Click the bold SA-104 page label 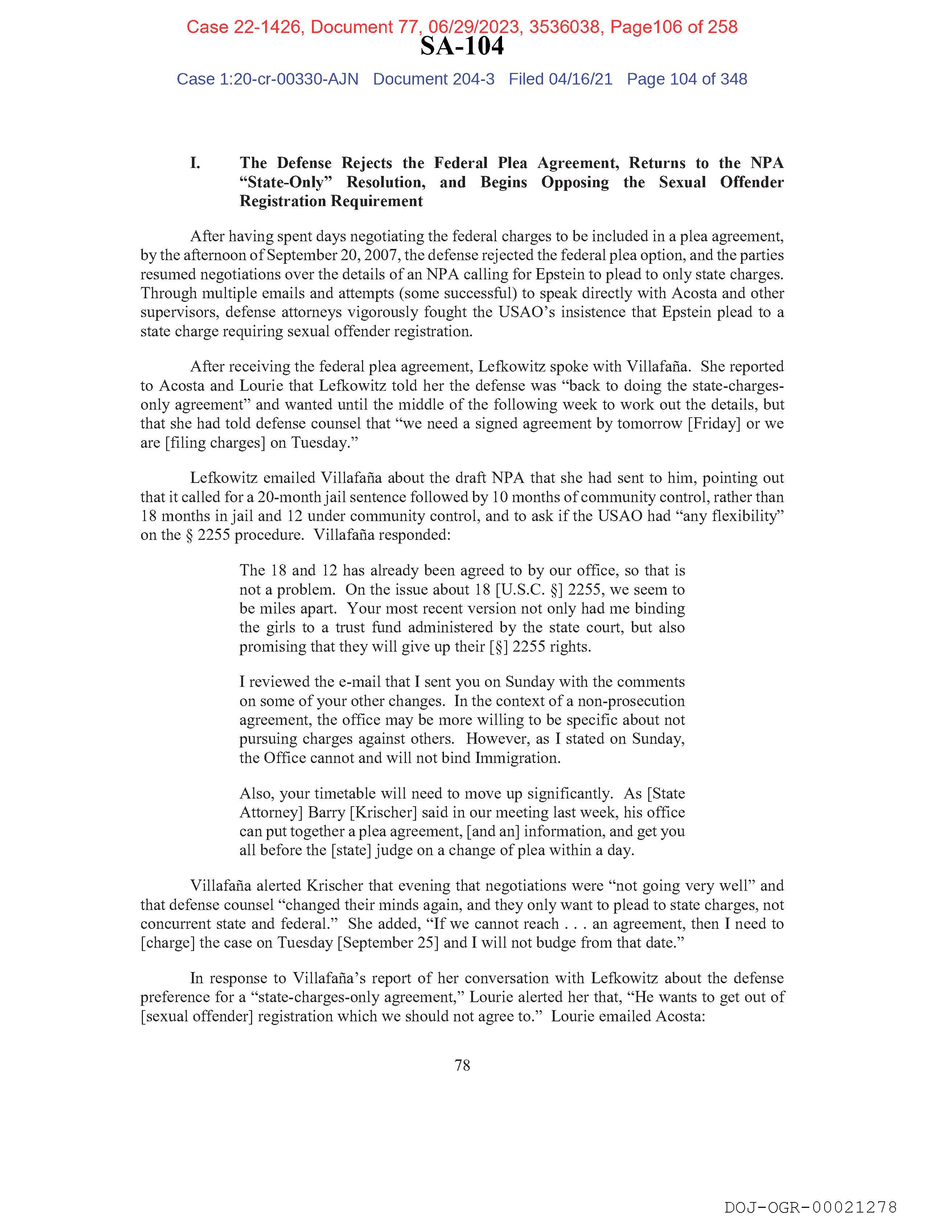[x=462, y=46]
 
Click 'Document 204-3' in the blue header [x=433, y=79]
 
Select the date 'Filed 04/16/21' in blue [x=560, y=79]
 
